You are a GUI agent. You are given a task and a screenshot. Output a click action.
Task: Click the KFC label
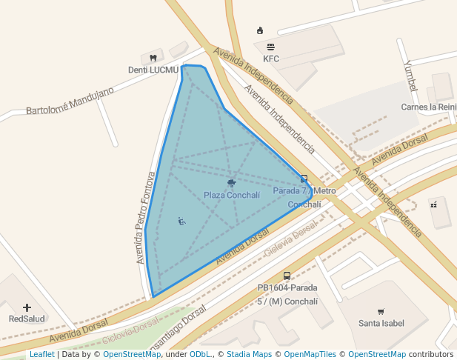tap(271, 59)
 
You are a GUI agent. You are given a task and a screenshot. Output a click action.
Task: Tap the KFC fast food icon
tap(271, 47)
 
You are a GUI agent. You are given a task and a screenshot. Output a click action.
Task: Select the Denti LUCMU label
tap(153, 70)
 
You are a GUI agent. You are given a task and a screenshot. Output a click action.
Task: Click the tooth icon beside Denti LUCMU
tap(153, 58)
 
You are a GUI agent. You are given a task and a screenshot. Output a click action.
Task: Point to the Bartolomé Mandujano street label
tap(70, 101)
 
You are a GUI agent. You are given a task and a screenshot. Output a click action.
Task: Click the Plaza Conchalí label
tap(232, 196)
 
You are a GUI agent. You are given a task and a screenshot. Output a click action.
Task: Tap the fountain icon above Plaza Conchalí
tap(232, 182)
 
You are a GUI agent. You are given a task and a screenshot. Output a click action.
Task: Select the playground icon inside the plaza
tap(181, 221)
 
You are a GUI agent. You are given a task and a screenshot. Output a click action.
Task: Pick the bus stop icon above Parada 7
tap(304, 179)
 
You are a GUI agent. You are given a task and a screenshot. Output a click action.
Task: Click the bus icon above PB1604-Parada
tap(287, 276)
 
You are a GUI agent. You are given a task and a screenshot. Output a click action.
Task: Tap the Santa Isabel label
tap(381, 323)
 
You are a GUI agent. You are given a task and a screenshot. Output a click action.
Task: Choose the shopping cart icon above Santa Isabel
tap(381, 311)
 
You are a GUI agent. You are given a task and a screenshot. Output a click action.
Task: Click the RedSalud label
tap(27, 319)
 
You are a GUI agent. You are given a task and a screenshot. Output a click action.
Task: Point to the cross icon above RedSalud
tap(27, 307)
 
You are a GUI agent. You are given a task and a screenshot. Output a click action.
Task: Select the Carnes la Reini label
tap(428, 107)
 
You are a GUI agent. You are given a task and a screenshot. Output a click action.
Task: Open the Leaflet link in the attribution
tap(42, 354)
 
